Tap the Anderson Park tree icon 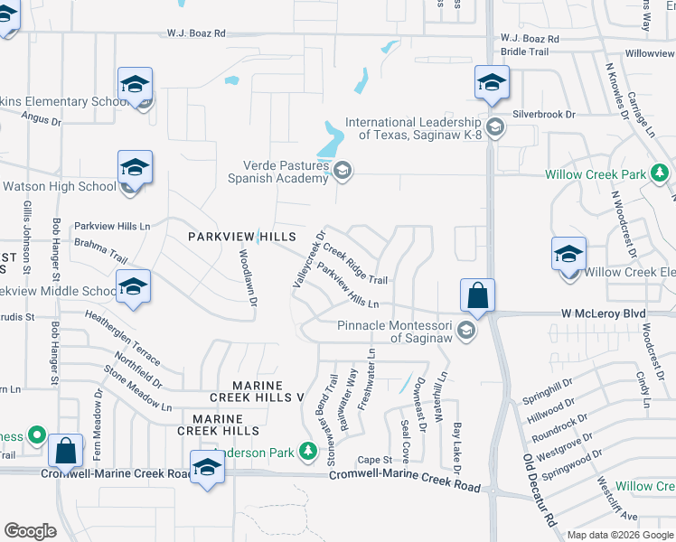[308, 450]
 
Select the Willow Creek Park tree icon [661, 173]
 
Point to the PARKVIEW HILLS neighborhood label [241, 237]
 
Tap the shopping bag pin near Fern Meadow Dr [66, 449]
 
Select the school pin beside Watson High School [135, 168]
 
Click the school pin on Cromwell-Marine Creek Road [207, 468]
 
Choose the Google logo [30, 531]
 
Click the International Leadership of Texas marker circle [495, 127]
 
